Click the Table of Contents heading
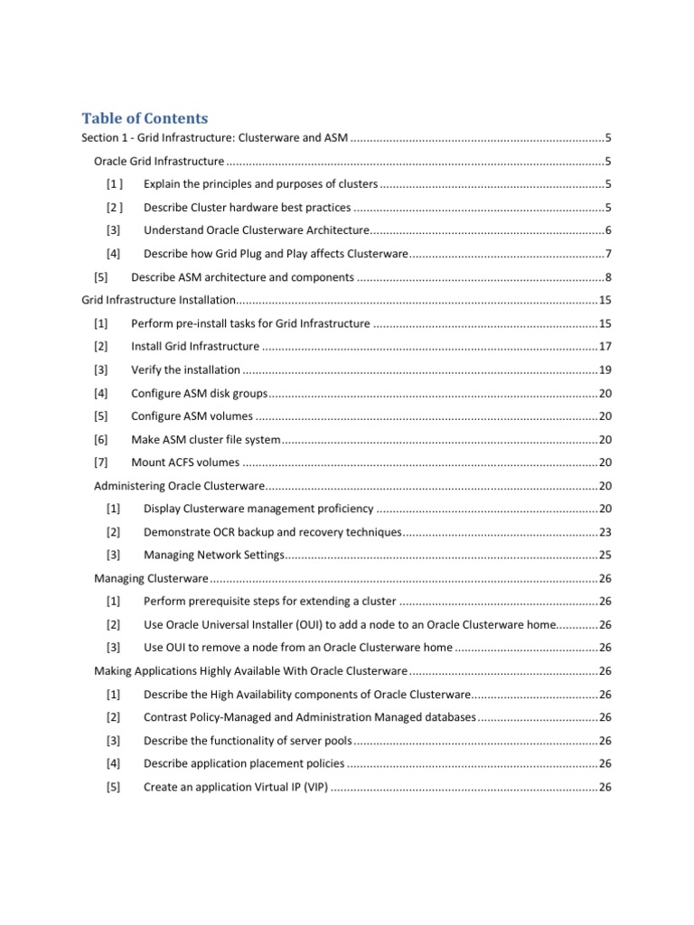point(145,118)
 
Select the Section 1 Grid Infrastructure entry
point(214,138)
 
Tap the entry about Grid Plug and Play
point(276,254)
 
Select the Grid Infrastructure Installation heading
point(158,300)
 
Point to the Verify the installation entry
point(185,369)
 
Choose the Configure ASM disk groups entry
point(199,393)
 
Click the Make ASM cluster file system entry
point(205,439)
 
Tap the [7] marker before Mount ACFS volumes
point(100,462)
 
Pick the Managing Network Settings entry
point(213,555)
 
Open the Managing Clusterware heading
point(151,578)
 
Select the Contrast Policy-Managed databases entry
point(308,717)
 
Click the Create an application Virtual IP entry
point(235,787)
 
